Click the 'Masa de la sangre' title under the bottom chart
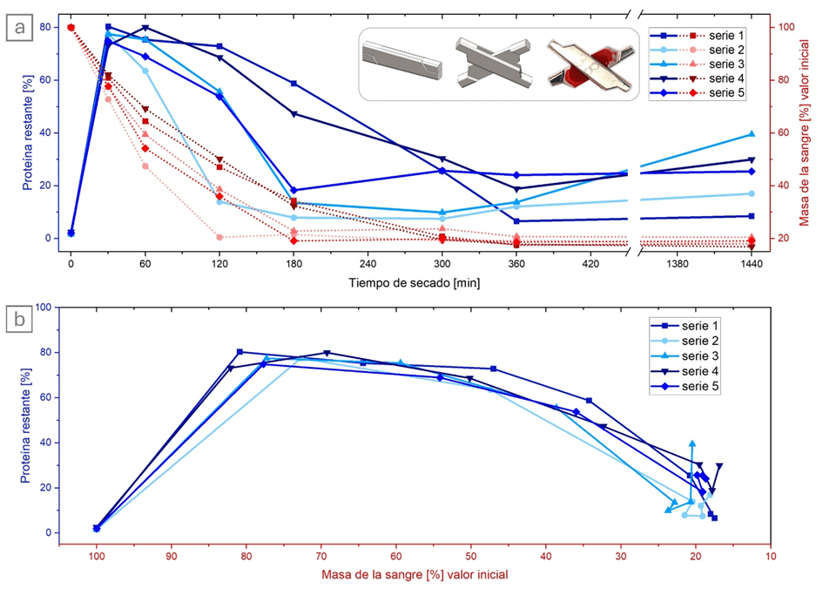(x=415, y=574)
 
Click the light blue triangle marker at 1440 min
(x=751, y=133)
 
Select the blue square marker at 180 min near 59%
(x=294, y=84)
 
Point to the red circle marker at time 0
(x=71, y=27)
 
